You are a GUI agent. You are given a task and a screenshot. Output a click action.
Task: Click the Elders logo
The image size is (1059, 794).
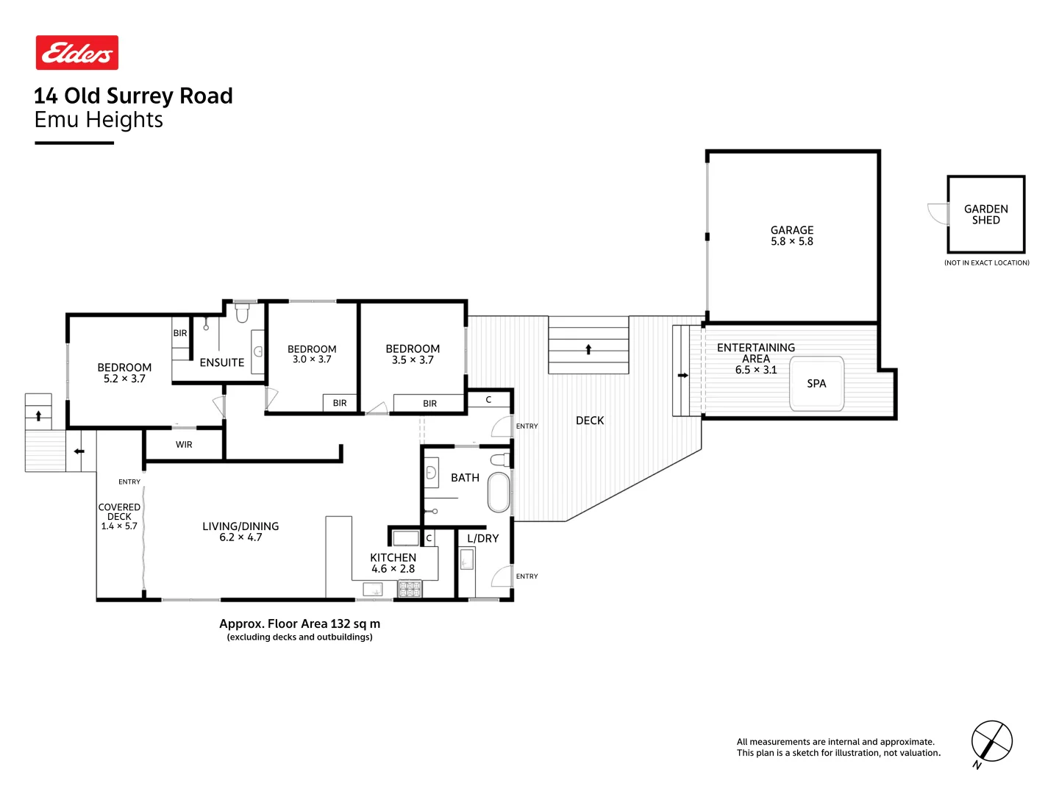pos(77,53)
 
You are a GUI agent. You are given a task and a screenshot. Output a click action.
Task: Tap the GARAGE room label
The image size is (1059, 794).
pos(791,230)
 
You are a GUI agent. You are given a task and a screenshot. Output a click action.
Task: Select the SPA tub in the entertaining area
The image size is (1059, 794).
pos(816,384)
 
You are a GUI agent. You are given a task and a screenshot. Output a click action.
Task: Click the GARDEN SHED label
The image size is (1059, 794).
pos(985,215)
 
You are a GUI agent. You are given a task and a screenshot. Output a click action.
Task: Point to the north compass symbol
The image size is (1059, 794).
pos(991,742)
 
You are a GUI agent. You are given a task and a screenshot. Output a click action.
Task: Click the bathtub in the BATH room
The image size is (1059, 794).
pos(499,492)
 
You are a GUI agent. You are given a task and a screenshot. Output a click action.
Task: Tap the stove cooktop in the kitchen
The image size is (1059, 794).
pos(410,589)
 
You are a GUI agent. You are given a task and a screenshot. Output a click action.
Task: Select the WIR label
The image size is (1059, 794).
pos(184,445)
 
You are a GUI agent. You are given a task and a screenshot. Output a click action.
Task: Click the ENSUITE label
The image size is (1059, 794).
pos(221,362)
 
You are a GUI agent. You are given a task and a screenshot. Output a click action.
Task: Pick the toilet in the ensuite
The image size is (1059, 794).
pos(242,313)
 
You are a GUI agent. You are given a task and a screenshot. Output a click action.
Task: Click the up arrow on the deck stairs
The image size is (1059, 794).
pos(588,349)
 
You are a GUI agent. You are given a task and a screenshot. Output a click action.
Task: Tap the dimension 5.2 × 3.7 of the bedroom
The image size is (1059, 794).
pos(124,379)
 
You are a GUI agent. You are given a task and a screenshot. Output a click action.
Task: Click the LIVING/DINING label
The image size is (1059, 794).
pos(240,526)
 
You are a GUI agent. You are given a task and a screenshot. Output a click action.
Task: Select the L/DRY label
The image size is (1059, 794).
pos(482,538)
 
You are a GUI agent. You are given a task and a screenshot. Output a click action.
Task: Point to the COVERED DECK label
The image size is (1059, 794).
pos(119,512)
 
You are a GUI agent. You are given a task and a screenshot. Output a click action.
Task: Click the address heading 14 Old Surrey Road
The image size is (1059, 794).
pos(133,96)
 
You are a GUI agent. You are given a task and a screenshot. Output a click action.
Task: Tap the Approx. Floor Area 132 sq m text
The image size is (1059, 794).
pos(299,623)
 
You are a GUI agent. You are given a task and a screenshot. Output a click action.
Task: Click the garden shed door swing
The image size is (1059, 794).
pos(938,214)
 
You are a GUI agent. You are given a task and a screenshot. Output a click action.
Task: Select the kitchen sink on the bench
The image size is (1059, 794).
pos(373,589)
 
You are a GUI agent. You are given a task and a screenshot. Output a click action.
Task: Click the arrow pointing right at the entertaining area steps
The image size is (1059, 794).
pos(682,376)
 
